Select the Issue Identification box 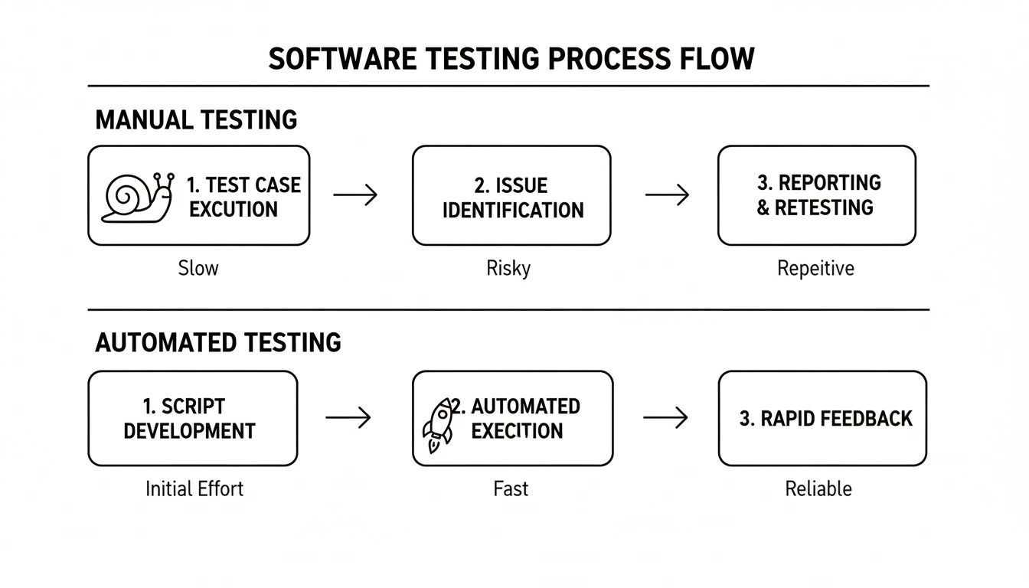[511, 196]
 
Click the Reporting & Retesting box [816, 195]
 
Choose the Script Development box [192, 418]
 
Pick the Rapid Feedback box [822, 418]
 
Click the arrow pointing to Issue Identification [356, 195]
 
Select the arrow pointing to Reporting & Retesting [667, 195]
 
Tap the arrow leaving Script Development [348, 417]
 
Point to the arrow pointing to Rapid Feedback [665, 417]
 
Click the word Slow [198, 268]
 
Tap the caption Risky [508, 268]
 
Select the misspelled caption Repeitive [815, 268]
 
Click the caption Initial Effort [194, 488]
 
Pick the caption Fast [511, 488]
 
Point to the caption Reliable [818, 488]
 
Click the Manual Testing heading [196, 120]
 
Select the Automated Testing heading [218, 342]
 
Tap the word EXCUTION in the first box [234, 209]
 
